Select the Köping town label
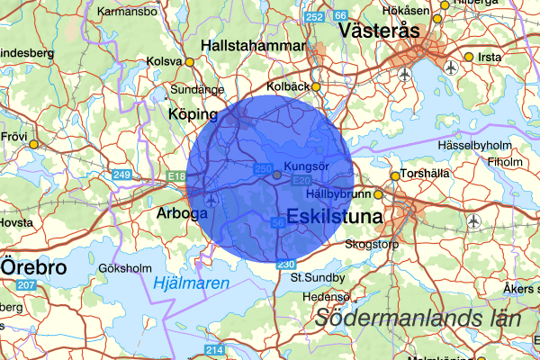[193, 115]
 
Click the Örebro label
[33, 268]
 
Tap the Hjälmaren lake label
[191, 283]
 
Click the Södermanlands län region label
[418, 318]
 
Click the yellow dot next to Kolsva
[190, 62]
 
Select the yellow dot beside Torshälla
[394, 175]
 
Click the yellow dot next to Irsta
[468, 57]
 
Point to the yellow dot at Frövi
[33, 144]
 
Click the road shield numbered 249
[121, 174]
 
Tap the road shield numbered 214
[213, 349]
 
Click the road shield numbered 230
[285, 264]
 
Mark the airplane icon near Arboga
[211, 200]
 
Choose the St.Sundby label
[314, 278]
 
